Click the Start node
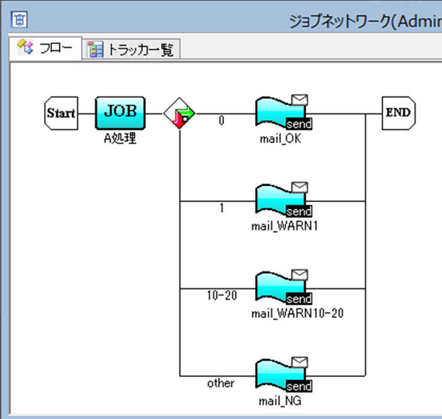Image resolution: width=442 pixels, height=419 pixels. coord(60,112)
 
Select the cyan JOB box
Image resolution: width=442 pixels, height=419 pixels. coord(120,112)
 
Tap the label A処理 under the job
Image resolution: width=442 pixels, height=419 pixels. coord(120,139)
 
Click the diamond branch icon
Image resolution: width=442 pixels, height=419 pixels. coord(180,113)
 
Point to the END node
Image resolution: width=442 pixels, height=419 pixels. coord(398,112)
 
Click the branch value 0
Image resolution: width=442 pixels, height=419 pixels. coord(221,121)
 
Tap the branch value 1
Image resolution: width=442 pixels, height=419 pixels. coord(221,208)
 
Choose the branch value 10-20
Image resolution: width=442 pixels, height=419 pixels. coord(221,295)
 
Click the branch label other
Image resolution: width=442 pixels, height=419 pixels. coord(221,383)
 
